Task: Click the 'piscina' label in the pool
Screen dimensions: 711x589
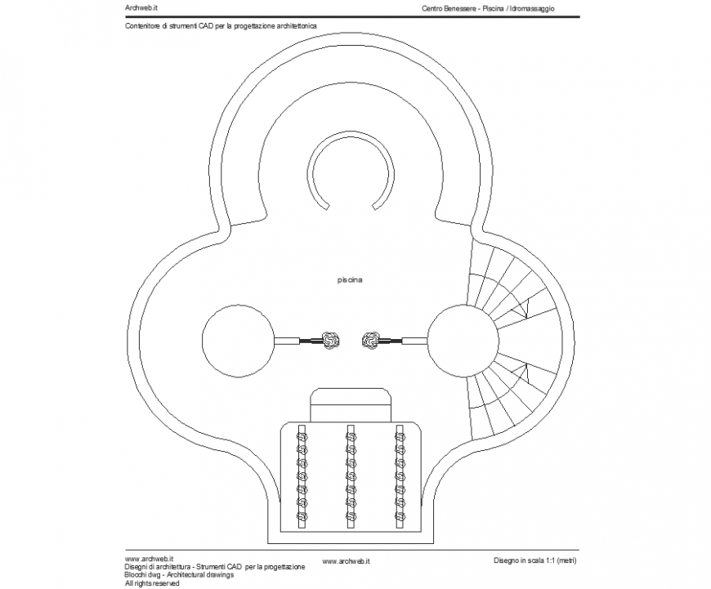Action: pyautogui.click(x=350, y=280)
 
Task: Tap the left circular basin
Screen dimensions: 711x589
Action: pyautogui.click(x=238, y=339)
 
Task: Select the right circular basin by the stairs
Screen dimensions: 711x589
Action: pyautogui.click(x=463, y=338)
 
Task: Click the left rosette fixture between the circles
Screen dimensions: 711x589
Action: pyautogui.click(x=330, y=339)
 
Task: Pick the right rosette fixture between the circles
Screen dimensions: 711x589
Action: pyautogui.click(x=370, y=339)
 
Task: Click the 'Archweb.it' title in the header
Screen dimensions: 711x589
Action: pyautogui.click(x=141, y=7)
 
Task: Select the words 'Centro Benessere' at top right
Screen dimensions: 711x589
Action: pyautogui.click(x=449, y=7)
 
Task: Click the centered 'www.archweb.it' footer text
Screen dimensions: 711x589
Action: pyautogui.click(x=347, y=561)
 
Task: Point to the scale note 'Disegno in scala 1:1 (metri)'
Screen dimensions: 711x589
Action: pyautogui.click(x=535, y=560)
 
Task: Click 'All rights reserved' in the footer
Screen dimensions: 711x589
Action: pyautogui.click(x=152, y=583)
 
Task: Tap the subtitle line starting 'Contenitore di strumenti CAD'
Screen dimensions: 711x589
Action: pyautogui.click(x=221, y=26)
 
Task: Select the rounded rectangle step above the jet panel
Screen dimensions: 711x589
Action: pyautogui.click(x=350, y=405)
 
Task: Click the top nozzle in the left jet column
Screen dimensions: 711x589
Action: pyautogui.click(x=302, y=437)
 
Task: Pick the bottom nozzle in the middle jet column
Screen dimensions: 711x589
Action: pyautogui.click(x=351, y=515)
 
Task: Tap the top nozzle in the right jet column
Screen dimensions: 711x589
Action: pyautogui.click(x=400, y=437)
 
